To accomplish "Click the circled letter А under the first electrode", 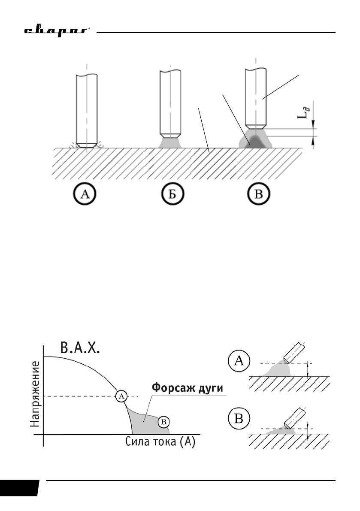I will point(85,195).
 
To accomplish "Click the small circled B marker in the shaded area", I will point(163,422).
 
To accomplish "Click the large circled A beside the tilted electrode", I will point(240,363).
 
